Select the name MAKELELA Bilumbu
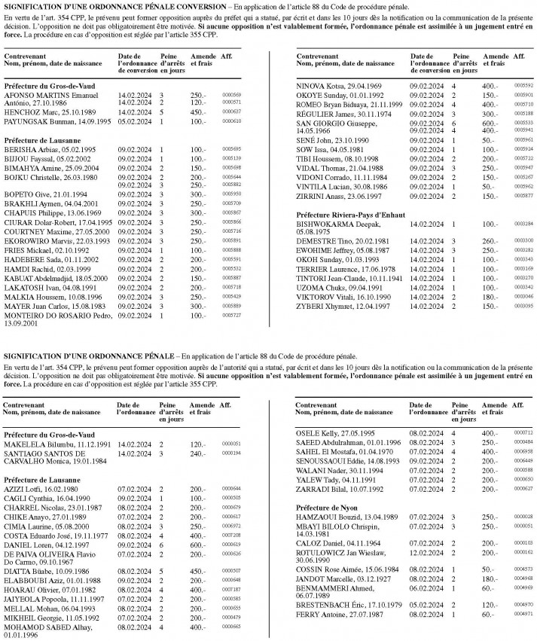coord(32,444)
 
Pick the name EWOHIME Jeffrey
coord(325,249)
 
